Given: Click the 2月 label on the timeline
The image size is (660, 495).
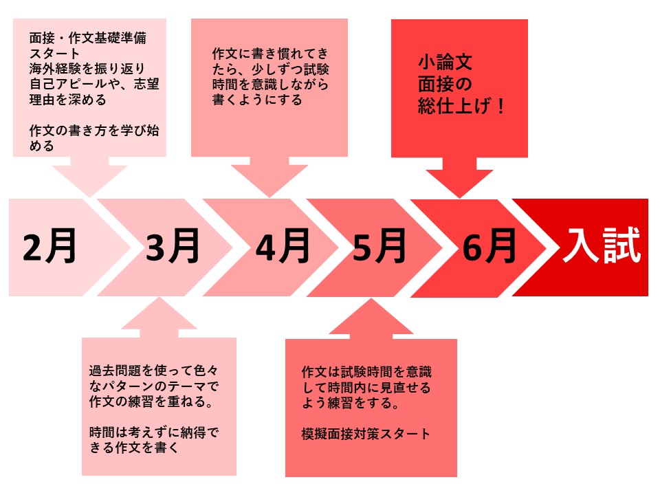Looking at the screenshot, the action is click(49, 246).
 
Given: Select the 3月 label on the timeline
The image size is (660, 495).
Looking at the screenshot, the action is click(173, 246).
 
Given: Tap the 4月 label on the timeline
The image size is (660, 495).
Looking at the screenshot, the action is click(283, 246).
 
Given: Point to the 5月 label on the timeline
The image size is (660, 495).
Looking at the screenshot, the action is click(379, 246).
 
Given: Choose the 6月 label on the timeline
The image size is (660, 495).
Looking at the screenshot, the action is click(489, 246).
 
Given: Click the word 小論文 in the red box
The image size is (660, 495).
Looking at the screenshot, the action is click(445, 63).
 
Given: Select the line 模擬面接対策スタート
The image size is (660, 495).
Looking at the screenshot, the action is click(366, 434).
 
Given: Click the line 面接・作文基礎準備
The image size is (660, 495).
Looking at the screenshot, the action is click(88, 38).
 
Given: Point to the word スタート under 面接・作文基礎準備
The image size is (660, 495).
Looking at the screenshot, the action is click(54, 54).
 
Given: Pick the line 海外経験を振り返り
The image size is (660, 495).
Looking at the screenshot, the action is click(87, 69).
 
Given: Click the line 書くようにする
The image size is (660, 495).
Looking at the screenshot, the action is click(257, 100).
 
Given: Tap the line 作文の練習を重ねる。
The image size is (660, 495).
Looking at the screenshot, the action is click(151, 401).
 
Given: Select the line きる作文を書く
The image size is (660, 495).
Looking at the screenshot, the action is click(134, 448).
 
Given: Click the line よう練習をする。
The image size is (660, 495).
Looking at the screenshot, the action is click(350, 403).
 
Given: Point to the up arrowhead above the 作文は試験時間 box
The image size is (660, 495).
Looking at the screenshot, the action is click(371, 318).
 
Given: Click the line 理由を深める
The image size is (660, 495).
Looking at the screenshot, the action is click(67, 100).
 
